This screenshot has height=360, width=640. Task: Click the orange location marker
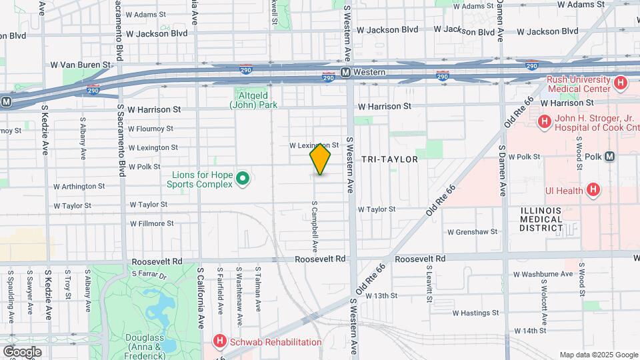[x=321, y=159]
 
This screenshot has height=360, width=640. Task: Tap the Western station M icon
[x=345, y=72]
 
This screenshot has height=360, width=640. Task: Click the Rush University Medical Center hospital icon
[x=621, y=83]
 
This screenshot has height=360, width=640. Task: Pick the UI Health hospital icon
[x=593, y=191]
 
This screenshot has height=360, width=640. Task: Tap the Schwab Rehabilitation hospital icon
[x=219, y=342]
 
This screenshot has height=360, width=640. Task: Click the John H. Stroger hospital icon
[x=544, y=122]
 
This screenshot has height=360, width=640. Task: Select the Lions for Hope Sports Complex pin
[x=243, y=179]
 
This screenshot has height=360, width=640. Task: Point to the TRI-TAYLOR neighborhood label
[x=389, y=160]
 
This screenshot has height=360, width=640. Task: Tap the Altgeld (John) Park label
[x=253, y=99]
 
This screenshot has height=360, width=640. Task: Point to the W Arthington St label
[x=79, y=186]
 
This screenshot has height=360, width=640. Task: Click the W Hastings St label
[x=475, y=313]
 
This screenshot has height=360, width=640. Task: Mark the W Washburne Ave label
[x=543, y=274]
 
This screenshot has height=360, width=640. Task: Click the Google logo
[x=22, y=352]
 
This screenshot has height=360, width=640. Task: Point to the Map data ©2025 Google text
[x=598, y=355]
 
